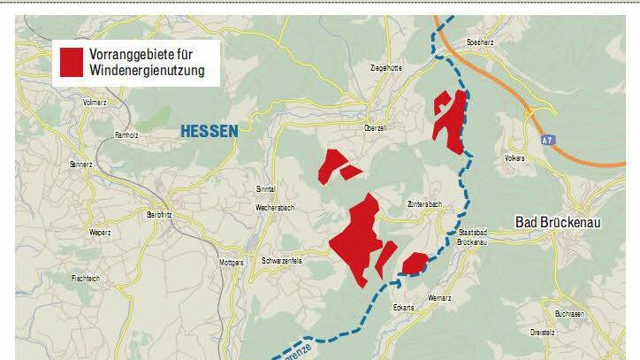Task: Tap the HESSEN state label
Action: [210, 131]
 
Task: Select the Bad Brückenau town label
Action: [557, 223]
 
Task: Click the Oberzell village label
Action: [377, 128]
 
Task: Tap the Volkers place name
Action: [514, 158]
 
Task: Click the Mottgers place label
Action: [231, 263]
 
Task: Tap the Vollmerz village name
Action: [95, 103]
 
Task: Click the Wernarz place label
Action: [439, 298]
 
